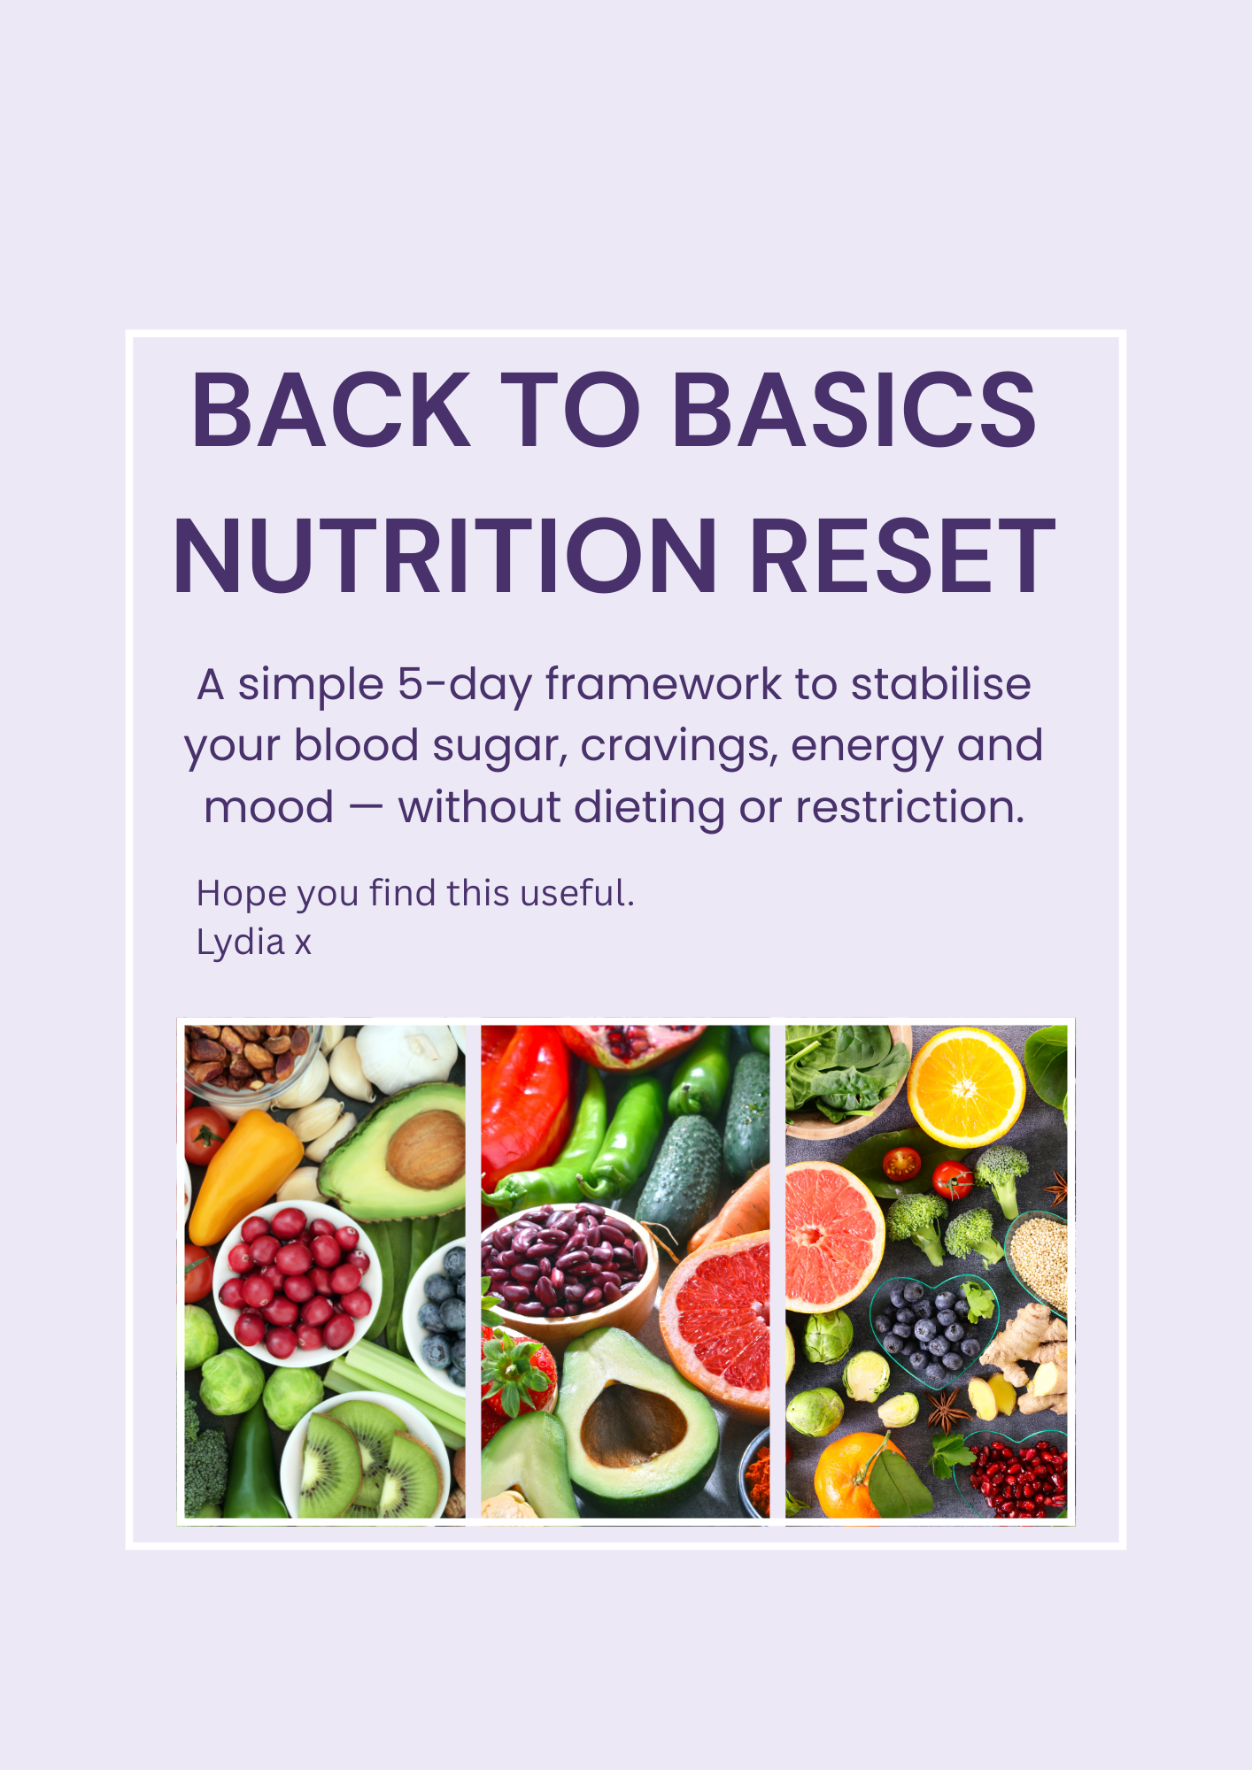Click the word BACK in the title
click(330, 411)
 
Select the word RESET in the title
click(902, 557)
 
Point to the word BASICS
click(854, 411)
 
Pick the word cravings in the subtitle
click(679, 746)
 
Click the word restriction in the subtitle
click(909, 807)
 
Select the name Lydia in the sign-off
click(240, 943)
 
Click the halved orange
click(965, 1086)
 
